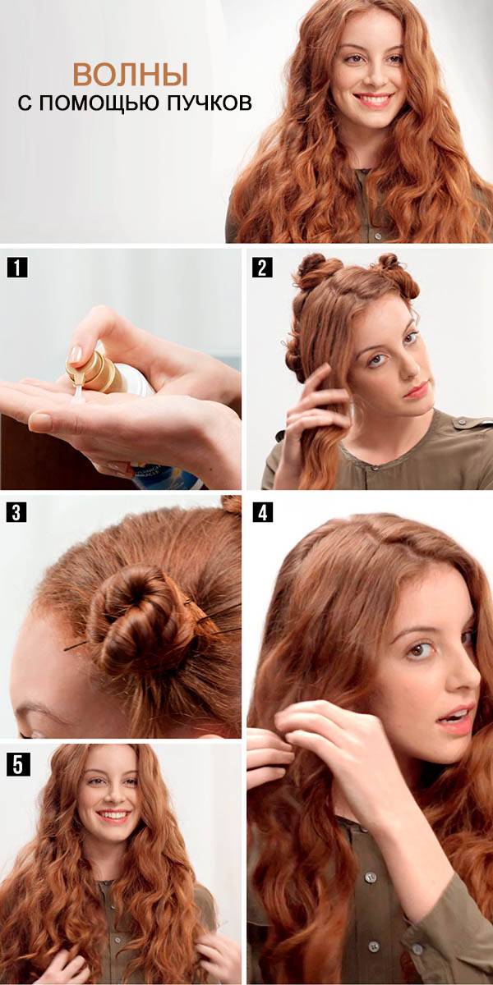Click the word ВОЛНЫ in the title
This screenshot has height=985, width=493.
(131, 75)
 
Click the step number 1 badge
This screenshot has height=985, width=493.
(17, 268)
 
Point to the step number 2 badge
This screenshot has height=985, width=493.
(262, 268)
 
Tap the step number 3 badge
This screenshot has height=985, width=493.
(16, 513)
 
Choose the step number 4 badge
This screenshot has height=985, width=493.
(263, 512)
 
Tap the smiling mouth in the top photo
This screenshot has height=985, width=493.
(372, 99)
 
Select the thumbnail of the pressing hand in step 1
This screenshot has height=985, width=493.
(76, 353)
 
